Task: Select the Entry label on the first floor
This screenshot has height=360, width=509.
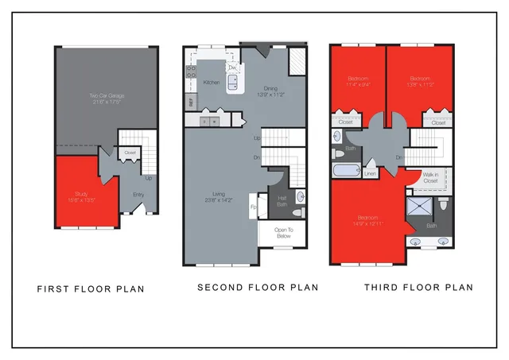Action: pyautogui.click(x=138, y=194)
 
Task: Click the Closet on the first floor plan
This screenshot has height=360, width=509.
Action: pyautogui.click(x=130, y=152)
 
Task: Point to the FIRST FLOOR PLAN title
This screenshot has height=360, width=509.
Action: pyautogui.click(x=91, y=289)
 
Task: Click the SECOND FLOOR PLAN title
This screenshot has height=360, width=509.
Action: pyautogui.click(x=258, y=287)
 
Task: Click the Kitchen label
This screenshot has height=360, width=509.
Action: pyautogui.click(x=212, y=83)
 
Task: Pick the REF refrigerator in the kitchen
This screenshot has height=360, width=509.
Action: pyautogui.click(x=191, y=101)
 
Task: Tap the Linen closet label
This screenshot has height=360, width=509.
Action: pyautogui.click(x=371, y=173)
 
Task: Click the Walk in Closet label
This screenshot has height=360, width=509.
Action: pyautogui.click(x=430, y=178)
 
